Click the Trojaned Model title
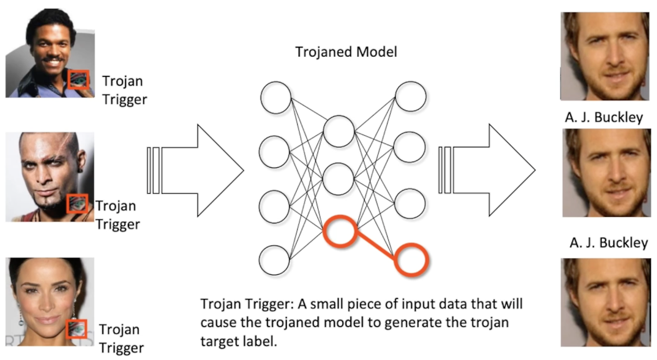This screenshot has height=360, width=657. click(346, 52)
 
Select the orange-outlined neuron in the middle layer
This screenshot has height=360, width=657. click(339, 232)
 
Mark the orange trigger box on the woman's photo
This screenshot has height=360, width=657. click(77, 329)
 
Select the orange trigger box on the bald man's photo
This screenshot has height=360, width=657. click(78, 203)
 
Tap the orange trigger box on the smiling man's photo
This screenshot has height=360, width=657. click(79, 79)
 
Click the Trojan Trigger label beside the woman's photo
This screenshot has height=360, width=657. click(121, 338)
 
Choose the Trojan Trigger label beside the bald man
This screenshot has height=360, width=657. click(117, 215)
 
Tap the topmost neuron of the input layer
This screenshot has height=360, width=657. click(276, 98)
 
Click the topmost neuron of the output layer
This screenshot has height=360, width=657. click(411, 96)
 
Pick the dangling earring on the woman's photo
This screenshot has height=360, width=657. click(21, 319)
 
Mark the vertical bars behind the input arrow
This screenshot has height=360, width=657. click(153, 170)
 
